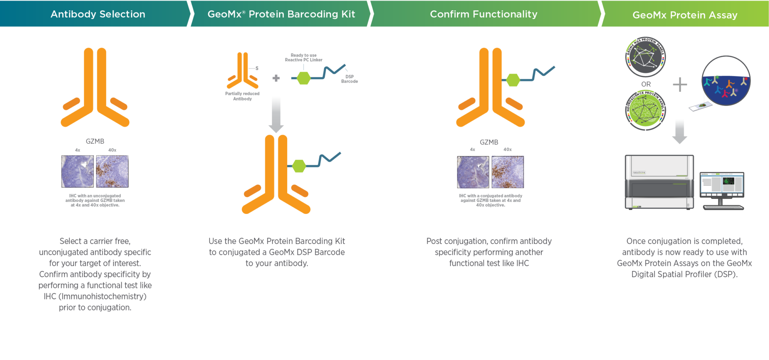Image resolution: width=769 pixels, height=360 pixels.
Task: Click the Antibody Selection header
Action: point(98,14)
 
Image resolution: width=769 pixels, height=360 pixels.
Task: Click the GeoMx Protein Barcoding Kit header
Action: point(281,14)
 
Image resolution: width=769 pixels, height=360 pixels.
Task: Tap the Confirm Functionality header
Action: point(483,14)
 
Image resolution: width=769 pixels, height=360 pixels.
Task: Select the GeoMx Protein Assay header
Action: point(685,15)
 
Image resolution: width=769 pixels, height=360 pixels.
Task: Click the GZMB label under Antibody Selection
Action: point(95,141)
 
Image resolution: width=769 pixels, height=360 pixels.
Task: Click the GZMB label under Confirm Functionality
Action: point(489,142)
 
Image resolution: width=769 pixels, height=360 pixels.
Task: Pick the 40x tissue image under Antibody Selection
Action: point(112,172)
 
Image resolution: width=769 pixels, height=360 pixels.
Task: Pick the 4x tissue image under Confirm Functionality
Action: point(473,172)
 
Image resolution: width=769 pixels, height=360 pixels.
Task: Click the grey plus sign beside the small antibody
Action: point(276,78)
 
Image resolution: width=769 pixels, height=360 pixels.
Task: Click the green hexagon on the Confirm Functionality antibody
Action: point(513,80)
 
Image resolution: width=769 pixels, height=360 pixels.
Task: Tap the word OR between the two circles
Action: point(646,84)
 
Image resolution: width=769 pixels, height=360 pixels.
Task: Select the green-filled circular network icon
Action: point(645,110)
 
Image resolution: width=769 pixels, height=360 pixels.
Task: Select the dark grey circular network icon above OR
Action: point(645,57)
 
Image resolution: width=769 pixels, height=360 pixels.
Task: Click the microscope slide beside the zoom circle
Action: point(700,107)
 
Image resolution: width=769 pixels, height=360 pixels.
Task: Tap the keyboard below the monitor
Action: point(723,207)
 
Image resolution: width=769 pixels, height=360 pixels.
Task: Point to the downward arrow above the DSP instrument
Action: point(679,131)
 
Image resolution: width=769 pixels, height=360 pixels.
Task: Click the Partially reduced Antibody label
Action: point(242,96)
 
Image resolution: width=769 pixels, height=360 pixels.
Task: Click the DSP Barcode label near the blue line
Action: point(349,79)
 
